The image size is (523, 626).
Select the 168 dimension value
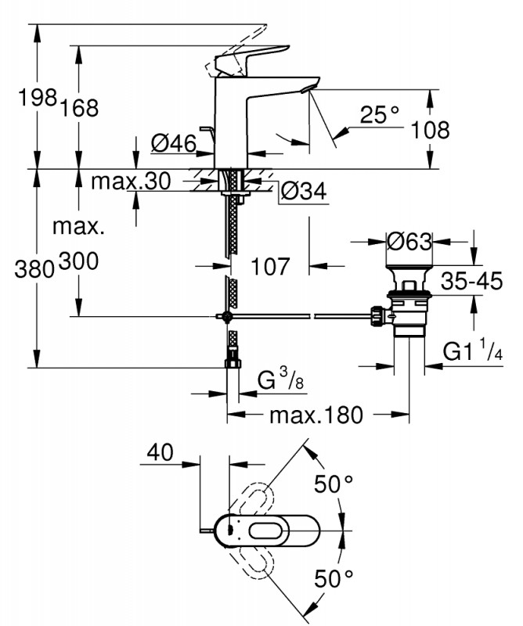pos(82,109)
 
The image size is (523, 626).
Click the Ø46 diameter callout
pos(171,143)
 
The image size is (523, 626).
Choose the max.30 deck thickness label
pos(130,182)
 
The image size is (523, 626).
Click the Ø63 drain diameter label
pos(410,242)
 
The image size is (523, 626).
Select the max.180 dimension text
pos(316,415)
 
